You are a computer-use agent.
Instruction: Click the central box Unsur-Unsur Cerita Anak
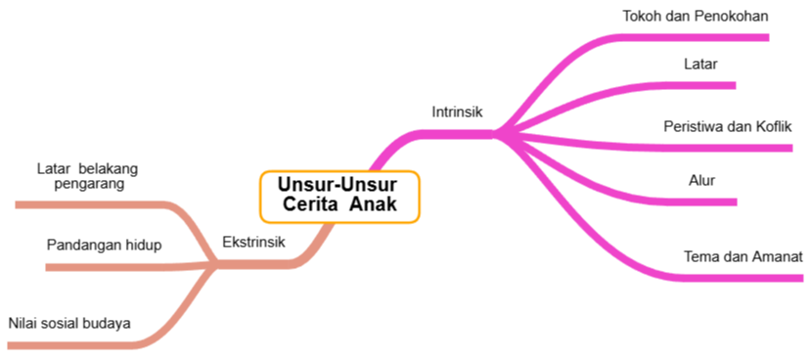339,195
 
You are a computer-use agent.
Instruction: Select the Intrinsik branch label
457,112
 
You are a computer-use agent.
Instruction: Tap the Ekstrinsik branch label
253,242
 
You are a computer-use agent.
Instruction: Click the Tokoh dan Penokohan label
695,16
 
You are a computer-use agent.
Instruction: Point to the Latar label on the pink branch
700,65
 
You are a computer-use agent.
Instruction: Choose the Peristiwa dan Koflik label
727,127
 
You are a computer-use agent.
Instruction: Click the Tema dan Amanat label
742,257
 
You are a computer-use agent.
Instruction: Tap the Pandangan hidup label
104,245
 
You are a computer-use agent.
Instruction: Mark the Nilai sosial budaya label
69,323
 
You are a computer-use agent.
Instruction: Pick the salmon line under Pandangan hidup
108,265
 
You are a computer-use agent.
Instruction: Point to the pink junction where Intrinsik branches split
499,134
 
